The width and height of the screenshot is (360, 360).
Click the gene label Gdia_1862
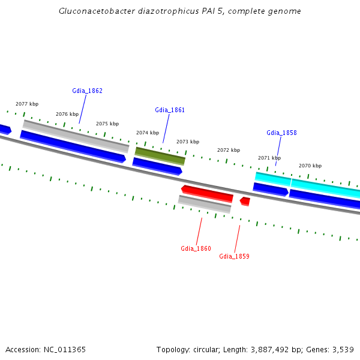point(87,91)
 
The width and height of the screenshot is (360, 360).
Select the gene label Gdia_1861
point(170,110)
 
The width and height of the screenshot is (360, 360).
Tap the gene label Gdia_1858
point(281,133)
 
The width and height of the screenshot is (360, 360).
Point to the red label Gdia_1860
point(196,248)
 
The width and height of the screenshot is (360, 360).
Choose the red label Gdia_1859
point(234,257)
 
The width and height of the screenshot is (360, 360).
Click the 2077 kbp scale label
point(27,104)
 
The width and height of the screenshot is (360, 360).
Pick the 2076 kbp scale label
point(67,114)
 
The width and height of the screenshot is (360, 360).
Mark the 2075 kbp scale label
point(107,124)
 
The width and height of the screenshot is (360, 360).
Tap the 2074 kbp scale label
point(148,133)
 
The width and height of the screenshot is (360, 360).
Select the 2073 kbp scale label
point(188,142)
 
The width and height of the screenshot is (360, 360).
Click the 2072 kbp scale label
point(229,150)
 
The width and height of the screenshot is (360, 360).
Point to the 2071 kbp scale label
point(269,158)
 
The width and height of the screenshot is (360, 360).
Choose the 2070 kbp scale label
point(310,166)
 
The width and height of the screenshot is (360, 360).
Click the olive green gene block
point(160,155)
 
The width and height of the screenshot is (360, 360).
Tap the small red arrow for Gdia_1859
point(245,201)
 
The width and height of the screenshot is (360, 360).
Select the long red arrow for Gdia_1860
point(207,193)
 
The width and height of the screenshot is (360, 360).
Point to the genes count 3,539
point(343,349)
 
